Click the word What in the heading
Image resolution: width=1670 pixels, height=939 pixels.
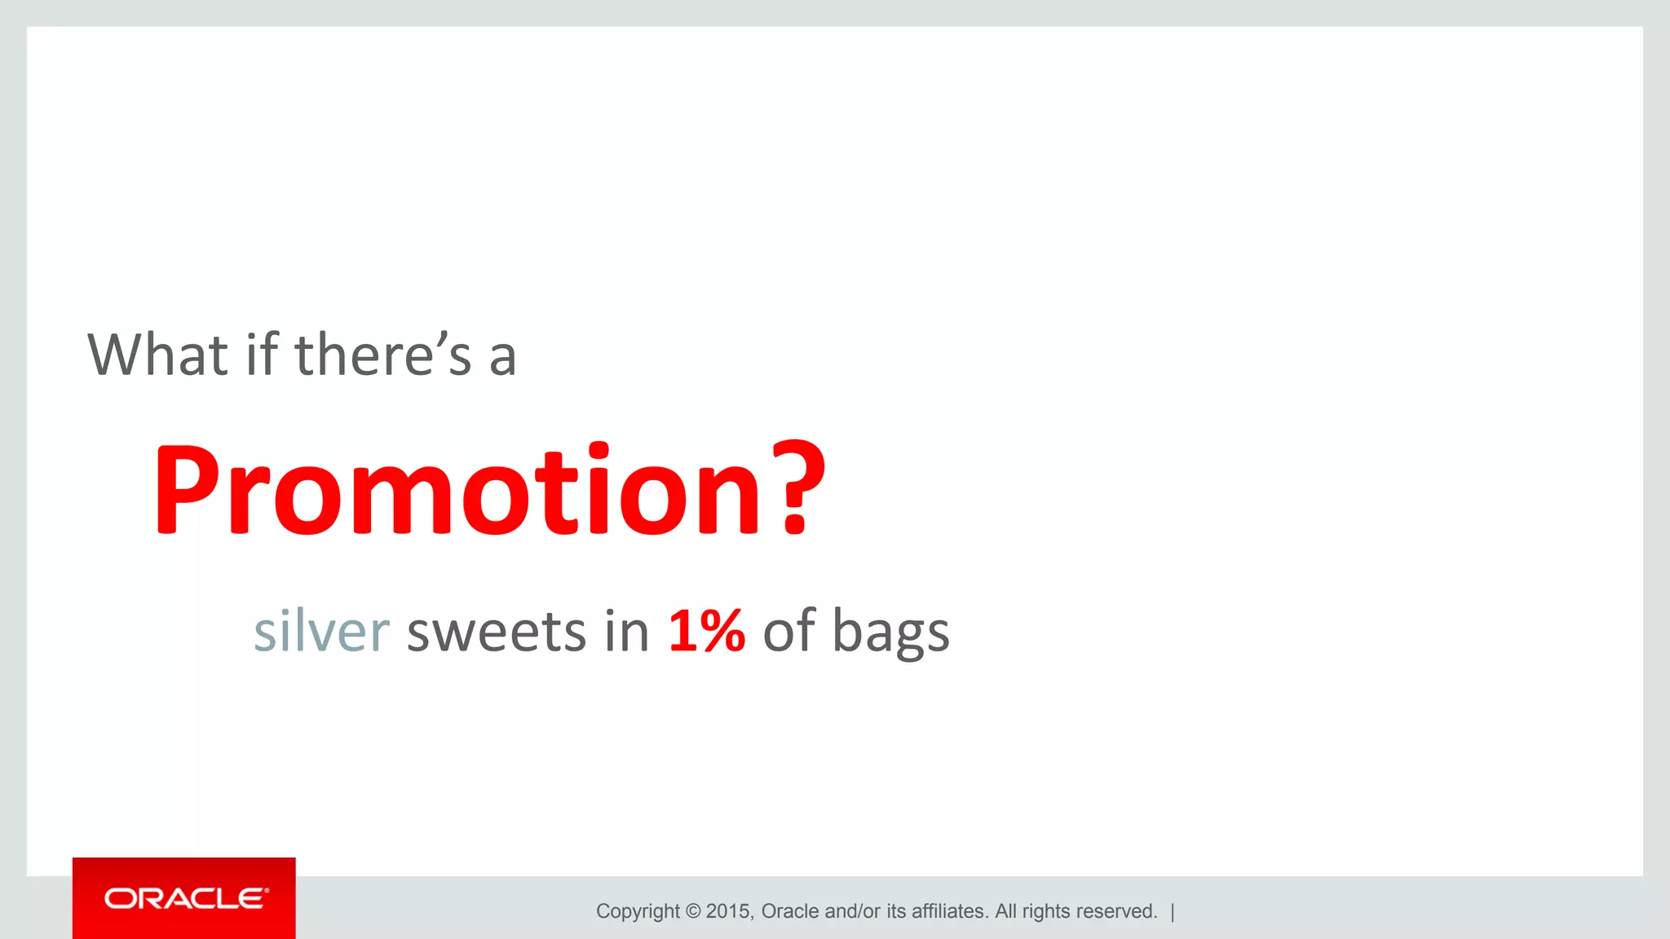(158, 355)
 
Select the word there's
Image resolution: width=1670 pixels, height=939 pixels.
(383, 355)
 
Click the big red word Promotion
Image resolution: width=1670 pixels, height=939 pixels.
(457, 489)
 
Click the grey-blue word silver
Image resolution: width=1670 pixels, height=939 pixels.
(321, 632)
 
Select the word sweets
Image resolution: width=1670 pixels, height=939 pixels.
(496, 632)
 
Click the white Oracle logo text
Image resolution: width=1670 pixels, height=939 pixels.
(186, 898)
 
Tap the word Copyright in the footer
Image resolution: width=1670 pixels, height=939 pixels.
(638, 911)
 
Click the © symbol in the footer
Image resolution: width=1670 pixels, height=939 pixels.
(693, 911)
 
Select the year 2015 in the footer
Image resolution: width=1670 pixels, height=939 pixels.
(729, 911)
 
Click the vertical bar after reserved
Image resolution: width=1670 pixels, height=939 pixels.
(1173, 911)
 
